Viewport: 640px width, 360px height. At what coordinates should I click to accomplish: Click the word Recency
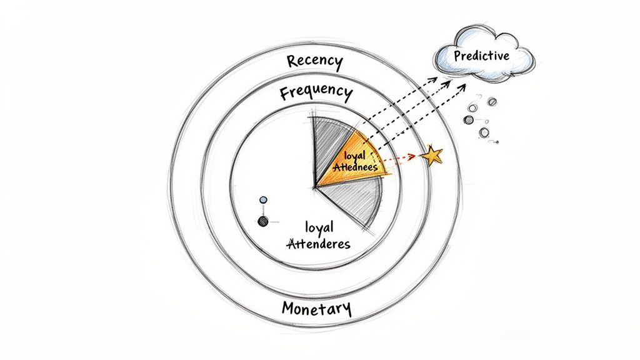(x=314, y=62)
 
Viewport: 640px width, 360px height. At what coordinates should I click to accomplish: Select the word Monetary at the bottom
(x=316, y=309)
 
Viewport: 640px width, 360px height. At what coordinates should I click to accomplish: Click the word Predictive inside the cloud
(x=482, y=56)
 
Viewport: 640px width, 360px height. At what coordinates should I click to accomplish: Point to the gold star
(x=431, y=154)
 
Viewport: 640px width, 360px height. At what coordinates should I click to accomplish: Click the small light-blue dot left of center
(x=263, y=200)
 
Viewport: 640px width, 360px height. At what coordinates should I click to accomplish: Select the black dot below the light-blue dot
(x=263, y=221)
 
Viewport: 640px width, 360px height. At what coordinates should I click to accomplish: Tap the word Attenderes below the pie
(x=318, y=244)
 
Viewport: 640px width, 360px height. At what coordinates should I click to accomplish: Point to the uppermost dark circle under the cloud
(x=492, y=101)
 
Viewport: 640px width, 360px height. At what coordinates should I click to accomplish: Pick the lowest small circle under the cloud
(x=484, y=132)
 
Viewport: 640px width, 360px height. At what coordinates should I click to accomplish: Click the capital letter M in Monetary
(x=288, y=308)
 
